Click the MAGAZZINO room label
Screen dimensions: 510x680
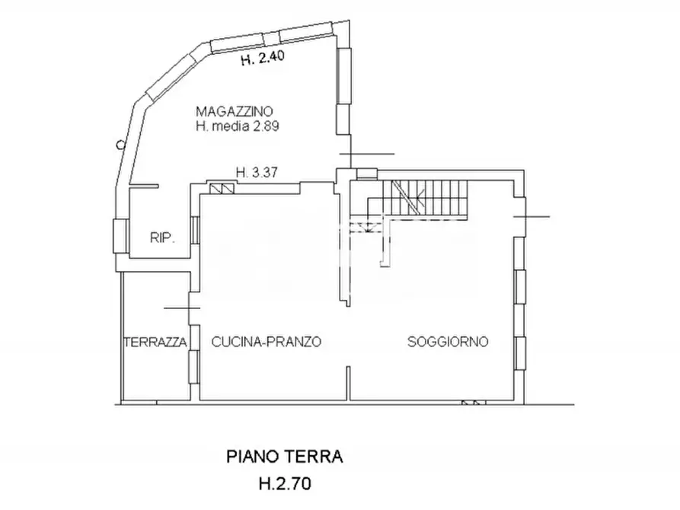(235, 111)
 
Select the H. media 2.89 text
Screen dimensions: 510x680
(237, 127)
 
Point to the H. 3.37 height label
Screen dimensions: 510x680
(255, 172)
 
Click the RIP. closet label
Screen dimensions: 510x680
(163, 238)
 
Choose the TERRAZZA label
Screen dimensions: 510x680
(155, 343)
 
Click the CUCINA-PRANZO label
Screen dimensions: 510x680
(267, 343)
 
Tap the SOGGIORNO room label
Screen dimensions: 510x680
(448, 343)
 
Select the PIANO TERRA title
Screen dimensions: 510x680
(285, 457)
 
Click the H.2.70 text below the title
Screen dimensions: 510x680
(285, 483)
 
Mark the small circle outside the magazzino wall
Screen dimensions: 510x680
(120, 143)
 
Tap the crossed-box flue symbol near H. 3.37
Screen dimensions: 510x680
(222, 188)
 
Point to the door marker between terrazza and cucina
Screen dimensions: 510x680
(183, 308)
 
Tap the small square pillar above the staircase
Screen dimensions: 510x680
(366, 173)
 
